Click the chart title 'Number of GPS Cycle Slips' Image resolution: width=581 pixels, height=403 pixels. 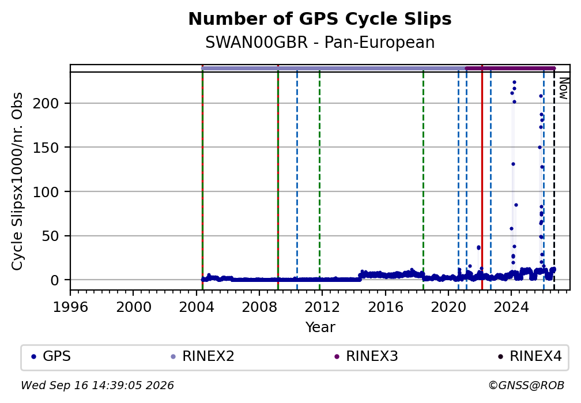tap(320, 19)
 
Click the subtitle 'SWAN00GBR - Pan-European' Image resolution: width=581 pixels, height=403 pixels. tap(320, 43)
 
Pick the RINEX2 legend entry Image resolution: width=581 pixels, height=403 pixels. tap(202, 356)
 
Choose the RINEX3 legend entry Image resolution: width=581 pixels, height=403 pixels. tap(366, 356)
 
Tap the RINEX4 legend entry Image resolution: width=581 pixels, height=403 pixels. tap(530, 356)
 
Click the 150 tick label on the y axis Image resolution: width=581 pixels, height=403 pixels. tap(46, 148)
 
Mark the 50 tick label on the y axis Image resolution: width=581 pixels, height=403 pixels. tap(50, 236)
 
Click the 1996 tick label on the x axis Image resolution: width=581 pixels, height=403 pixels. tap(70, 307)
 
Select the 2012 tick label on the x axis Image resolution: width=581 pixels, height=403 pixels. tap(322, 307)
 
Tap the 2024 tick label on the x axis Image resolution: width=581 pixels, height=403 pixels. tap(511, 307)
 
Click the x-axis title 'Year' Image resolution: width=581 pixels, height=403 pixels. tap(320, 327)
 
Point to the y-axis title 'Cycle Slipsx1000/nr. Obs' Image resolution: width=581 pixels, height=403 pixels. tap(17, 181)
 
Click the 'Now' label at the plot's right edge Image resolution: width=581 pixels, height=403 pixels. tap(563, 89)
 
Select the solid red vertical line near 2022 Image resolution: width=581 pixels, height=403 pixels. tap(482, 177)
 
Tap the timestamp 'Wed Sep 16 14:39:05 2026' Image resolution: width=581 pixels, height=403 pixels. tap(97, 386)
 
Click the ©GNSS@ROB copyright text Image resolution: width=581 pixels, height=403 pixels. tap(526, 386)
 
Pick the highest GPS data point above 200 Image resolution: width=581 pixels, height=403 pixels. tap(514, 82)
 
